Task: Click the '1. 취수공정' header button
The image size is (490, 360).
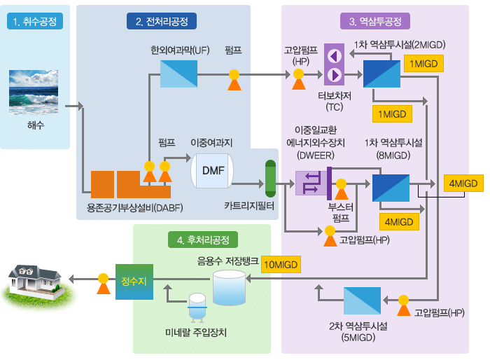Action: click(x=35, y=21)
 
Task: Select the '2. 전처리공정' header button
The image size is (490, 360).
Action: click(x=162, y=21)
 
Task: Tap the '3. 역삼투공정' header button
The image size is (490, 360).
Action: click(x=375, y=21)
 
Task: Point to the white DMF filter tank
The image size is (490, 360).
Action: click(x=213, y=171)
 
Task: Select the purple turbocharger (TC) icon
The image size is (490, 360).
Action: click(x=334, y=64)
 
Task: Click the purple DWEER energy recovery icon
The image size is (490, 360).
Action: click(x=309, y=184)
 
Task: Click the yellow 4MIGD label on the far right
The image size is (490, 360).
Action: click(x=463, y=184)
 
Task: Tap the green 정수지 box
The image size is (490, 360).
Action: click(x=134, y=281)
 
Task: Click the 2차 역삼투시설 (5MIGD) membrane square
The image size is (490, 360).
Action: click(x=362, y=300)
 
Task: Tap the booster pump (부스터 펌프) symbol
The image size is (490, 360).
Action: click(x=342, y=189)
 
